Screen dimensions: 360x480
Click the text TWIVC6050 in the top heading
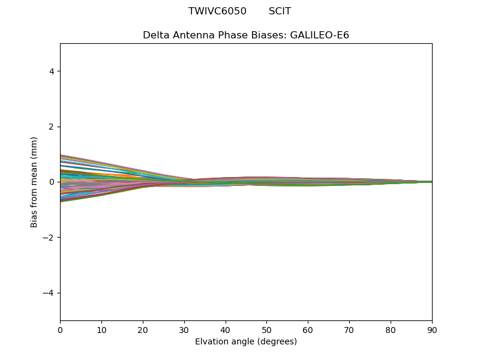[217, 11]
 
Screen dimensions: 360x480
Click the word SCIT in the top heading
[280, 11]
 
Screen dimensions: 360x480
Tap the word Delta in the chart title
[156, 35]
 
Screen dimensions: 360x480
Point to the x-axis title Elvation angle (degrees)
[246, 342]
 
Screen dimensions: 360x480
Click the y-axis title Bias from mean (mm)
[34, 182]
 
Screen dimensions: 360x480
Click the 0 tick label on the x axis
[60, 329]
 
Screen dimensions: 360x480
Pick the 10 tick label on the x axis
[101, 329]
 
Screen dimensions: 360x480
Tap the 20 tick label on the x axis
[143, 329]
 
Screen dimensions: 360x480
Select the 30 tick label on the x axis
[184, 329]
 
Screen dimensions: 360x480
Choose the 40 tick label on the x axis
[226, 329]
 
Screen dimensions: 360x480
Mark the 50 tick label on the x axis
[266, 329]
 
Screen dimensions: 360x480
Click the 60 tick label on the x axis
[308, 329]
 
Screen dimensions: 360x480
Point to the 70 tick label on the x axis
[349, 329]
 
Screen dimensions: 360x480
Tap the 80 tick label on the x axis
[391, 329]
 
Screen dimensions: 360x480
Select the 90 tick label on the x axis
[432, 329]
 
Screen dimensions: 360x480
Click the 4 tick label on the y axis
[52, 71]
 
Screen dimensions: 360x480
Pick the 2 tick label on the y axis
[52, 127]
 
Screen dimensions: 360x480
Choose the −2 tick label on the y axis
[49, 238]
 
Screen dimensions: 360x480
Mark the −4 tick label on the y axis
[49, 293]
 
